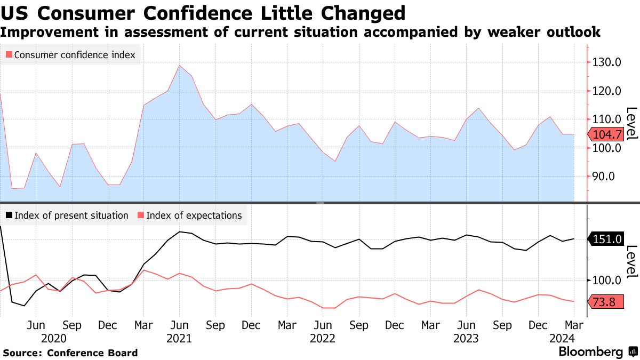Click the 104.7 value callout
pyautogui.click(x=605, y=134)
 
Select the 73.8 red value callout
pyautogui.click(x=604, y=302)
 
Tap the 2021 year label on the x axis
pyautogui.click(x=179, y=338)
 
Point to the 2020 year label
pyautogui.click(x=53, y=338)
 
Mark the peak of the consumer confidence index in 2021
pyautogui.click(x=180, y=66)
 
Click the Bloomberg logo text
pyautogui.click(x=590, y=352)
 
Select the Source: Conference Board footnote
pyautogui.click(x=70, y=353)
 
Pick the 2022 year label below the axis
pyautogui.click(x=323, y=338)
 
